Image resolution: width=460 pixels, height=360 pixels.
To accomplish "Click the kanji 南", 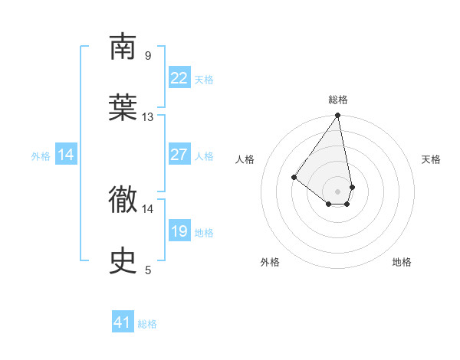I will [123, 47].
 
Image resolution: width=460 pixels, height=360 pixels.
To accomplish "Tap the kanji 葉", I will [123, 110].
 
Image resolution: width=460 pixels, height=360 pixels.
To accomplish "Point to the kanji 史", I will [123, 262].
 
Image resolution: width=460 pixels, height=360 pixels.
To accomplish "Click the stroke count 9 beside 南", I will [147, 55].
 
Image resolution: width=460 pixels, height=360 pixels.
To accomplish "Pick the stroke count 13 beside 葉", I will [148, 117].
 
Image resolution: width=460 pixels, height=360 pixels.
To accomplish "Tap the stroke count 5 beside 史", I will [147, 270].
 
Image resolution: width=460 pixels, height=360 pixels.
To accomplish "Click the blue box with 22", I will [179, 78].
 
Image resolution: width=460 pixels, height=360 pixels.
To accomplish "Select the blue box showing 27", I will [179, 155].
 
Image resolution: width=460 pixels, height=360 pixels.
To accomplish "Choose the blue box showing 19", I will [179, 231].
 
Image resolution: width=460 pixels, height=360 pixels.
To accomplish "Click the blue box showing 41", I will [123, 322].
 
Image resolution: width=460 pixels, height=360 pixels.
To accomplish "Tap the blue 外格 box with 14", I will [66, 155].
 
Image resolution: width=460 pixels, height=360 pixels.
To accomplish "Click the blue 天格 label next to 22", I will [204, 80].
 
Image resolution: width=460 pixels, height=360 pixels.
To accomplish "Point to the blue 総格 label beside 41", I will [147, 324].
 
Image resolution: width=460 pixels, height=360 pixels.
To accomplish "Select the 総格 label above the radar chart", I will [338, 100].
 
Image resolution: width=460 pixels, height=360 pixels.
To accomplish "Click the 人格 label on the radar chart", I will [245, 159].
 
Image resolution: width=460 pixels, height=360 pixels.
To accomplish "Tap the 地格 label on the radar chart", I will [402, 263].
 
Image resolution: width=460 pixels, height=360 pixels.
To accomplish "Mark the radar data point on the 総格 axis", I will [337, 116].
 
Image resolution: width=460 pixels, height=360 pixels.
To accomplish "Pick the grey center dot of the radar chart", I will [337, 191].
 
